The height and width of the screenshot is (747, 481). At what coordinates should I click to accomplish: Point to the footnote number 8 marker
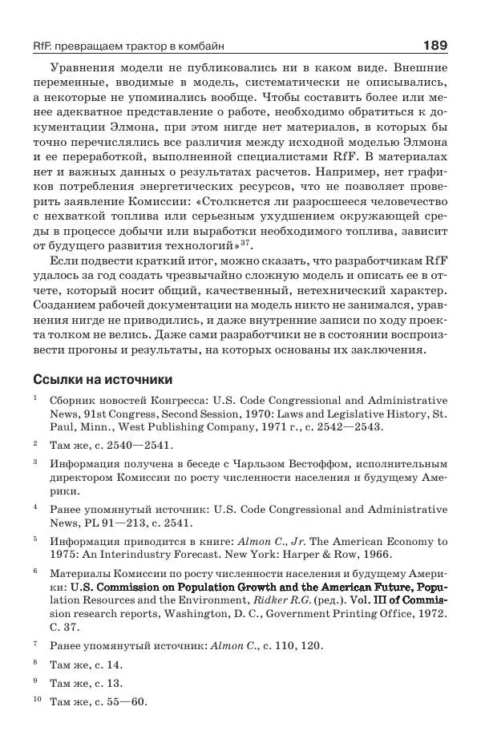[x=35, y=663]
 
